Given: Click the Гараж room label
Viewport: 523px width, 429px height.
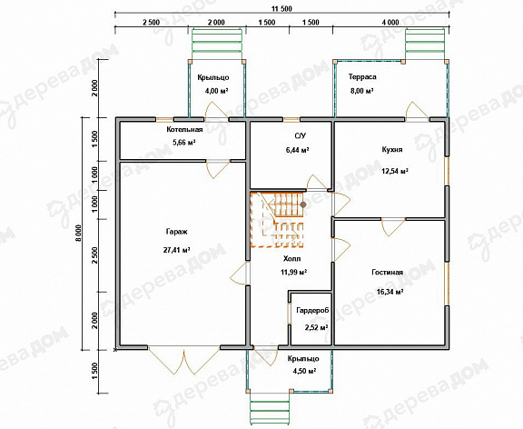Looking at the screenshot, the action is tap(176, 232).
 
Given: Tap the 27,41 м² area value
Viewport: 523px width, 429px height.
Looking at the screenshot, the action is tap(177, 250).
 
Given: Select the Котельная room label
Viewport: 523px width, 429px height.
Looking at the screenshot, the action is tap(184, 130).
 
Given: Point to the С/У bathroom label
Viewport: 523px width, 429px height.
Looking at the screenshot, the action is tap(300, 135).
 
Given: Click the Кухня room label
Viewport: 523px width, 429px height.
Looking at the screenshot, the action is tap(392, 150).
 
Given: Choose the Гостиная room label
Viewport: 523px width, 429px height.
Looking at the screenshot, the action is tap(387, 273).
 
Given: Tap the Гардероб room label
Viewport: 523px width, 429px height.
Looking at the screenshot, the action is tap(312, 310).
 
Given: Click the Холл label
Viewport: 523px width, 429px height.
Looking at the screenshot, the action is tap(291, 259).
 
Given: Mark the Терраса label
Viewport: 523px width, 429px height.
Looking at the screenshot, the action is tap(362, 76).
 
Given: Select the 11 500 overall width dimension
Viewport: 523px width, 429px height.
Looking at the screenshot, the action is tap(281, 9).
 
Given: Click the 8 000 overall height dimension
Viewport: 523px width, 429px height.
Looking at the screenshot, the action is tap(78, 233).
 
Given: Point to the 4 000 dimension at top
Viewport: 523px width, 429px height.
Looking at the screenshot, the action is tap(390, 23).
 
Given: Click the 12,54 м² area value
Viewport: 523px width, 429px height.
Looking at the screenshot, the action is tap(395, 171).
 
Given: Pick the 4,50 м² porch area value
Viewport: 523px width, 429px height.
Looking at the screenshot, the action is tap(303, 371).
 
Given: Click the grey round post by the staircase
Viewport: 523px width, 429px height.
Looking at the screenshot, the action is tap(303, 205).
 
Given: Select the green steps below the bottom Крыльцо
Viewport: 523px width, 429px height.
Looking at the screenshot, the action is tap(270, 411).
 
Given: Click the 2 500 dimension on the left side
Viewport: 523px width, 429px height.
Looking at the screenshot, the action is tap(94, 255).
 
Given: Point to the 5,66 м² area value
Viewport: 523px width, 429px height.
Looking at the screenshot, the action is tap(183, 143).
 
